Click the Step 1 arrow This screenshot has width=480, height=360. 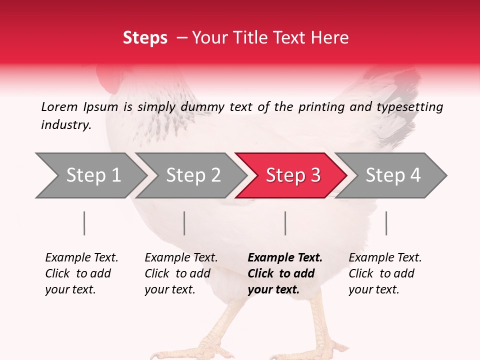pos(90,175)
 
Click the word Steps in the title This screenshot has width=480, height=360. pos(145,38)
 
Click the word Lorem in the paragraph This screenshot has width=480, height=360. pos(59,106)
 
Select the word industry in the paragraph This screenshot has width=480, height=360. pos(65,125)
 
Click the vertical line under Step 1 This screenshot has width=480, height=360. pos(84,223)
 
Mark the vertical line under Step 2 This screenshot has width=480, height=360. pos(184,223)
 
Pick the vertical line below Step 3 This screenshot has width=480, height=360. pos(285,223)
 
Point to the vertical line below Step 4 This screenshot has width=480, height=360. pos(386,223)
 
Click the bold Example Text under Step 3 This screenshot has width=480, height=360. pos(285,258)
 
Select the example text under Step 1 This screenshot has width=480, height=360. pos(81,273)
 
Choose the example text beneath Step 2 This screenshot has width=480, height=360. pos(181,273)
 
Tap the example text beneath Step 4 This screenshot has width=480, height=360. pos(385,273)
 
